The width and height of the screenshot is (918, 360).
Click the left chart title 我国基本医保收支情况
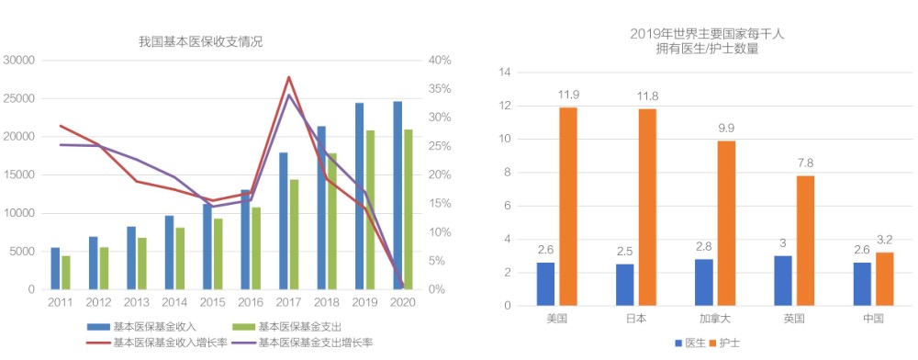click(200, 41)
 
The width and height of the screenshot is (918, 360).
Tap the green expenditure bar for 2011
click(66, 273)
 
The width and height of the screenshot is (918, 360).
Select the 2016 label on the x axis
click(251, 301)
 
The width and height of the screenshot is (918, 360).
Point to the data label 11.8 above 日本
click(648, 96)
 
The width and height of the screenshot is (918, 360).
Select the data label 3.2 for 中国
click(885, 239)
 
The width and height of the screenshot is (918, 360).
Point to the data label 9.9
click(727, 128)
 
